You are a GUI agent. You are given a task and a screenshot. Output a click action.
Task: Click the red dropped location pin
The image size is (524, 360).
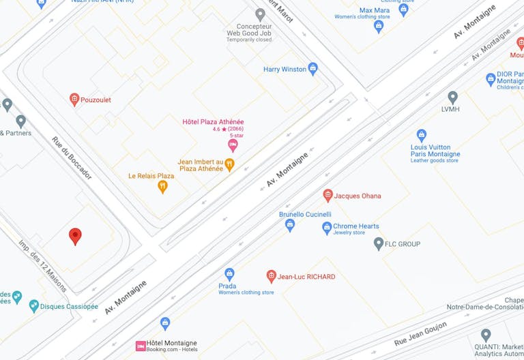coord(76,236)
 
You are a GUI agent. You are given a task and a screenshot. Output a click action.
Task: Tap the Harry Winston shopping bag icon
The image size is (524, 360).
coord(313,68)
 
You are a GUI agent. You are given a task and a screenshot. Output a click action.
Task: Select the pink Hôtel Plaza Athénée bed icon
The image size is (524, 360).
coord(233,145)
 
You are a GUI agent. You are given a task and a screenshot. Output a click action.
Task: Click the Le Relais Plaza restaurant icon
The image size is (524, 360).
coord(162,185)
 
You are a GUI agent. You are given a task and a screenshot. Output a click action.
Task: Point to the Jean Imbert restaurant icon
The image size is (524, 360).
coord(230,164)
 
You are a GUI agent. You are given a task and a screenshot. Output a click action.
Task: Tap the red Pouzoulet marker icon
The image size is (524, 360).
coord(74,100)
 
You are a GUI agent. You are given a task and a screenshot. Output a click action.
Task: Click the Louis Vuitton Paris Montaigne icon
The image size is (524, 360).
coord(422,135)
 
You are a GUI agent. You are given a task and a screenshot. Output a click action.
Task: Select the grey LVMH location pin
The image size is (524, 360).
coord(452,97)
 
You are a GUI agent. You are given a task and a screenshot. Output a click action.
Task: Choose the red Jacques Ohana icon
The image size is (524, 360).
coord(327,196)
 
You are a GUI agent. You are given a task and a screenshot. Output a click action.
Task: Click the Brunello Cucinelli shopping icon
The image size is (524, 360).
coord(290,224)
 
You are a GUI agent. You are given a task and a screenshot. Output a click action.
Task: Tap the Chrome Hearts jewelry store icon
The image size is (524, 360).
coord(327,228)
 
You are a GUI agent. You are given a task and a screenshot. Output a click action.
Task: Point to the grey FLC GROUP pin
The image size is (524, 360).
coord(379,243)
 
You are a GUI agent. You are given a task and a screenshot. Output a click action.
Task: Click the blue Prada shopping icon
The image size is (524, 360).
coord(229,273)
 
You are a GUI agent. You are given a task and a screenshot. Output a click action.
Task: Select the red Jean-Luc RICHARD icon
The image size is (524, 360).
coord(272,276)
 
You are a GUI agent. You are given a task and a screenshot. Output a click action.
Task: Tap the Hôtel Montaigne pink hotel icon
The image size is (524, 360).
coord(141,346)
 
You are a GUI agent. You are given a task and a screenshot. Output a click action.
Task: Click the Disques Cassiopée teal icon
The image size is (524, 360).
coord(33,306)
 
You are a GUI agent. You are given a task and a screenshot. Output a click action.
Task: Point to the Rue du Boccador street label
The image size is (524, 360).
coord(71,157)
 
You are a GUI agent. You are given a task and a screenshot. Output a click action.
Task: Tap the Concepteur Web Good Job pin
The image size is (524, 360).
coord(260,14)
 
